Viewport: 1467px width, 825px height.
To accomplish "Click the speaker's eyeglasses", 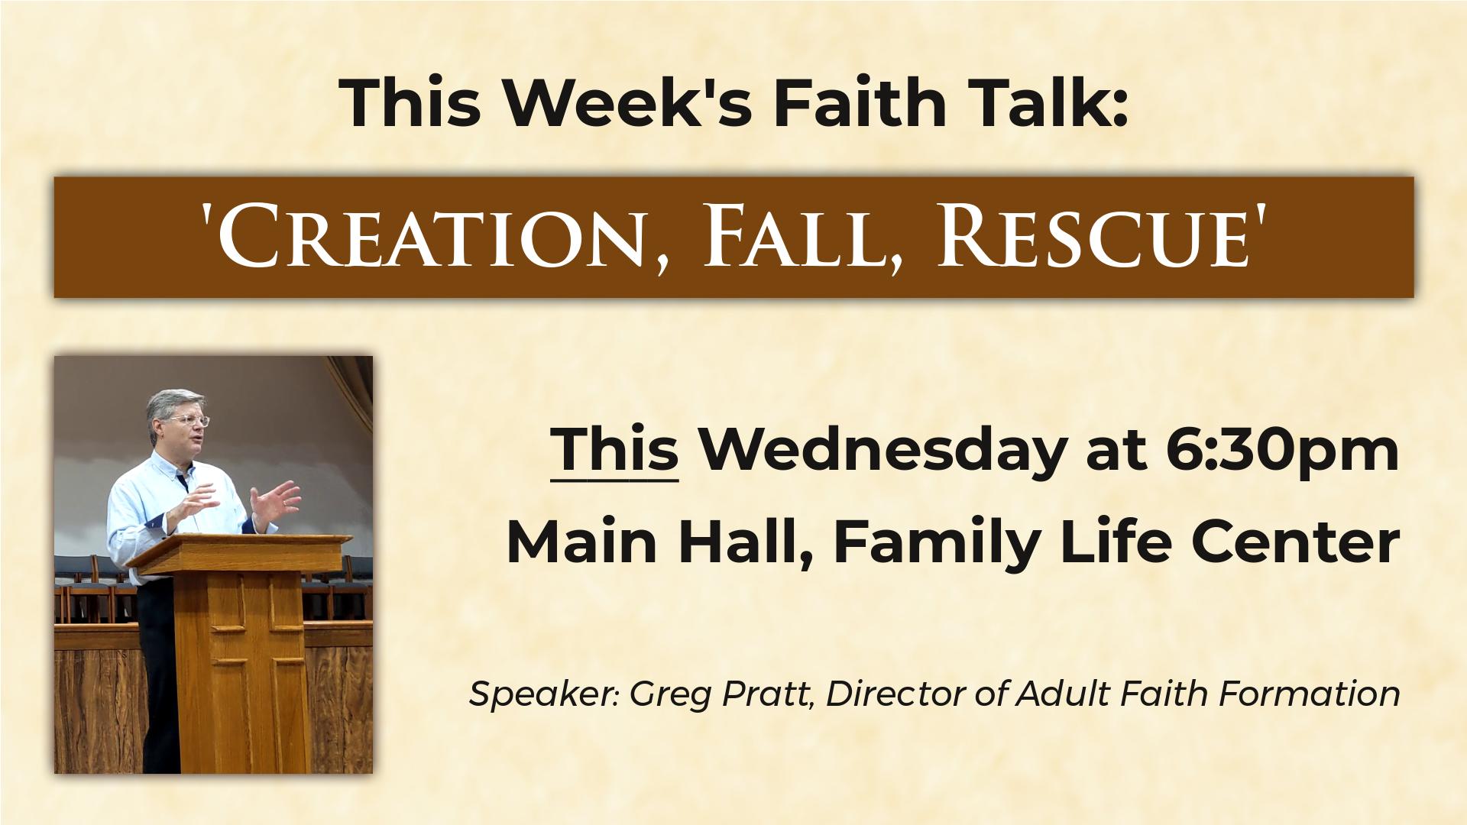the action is point(187,420).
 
